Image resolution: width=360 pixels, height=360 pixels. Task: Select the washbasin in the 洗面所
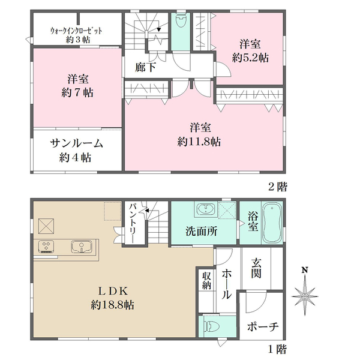click(205, 210)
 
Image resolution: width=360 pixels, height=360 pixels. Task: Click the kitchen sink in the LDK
click(80, 247)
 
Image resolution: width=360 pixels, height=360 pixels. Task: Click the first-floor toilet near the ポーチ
click(211, 327)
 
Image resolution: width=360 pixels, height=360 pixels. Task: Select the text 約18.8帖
click(113, 305)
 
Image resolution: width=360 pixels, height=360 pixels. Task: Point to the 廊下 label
click(145, 68)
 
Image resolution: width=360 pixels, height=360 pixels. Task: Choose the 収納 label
click(205, 289)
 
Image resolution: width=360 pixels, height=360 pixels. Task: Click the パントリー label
click(133, 223)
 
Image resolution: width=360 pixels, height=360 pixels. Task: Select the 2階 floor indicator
click(275, 187)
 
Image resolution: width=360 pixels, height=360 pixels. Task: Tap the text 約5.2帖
click(250, 58)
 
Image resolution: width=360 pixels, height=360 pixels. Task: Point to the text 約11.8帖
click(199, 142)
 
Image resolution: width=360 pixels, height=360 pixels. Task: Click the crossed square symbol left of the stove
click(47, 226)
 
